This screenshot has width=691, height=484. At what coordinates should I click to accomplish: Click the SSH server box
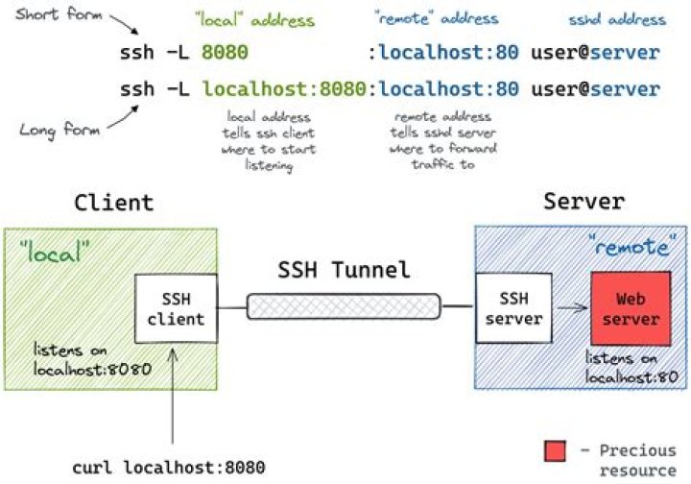513,307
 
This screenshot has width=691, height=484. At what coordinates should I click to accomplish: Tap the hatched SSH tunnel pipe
345,306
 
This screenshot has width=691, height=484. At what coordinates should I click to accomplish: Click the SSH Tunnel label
345,271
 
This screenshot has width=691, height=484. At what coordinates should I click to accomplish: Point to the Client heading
113,203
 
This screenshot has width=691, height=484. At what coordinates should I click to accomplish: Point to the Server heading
583,203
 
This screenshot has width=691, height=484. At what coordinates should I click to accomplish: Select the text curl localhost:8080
169,468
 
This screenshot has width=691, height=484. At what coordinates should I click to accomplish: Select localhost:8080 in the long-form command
284,89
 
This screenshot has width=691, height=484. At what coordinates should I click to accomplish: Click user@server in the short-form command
595,53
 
